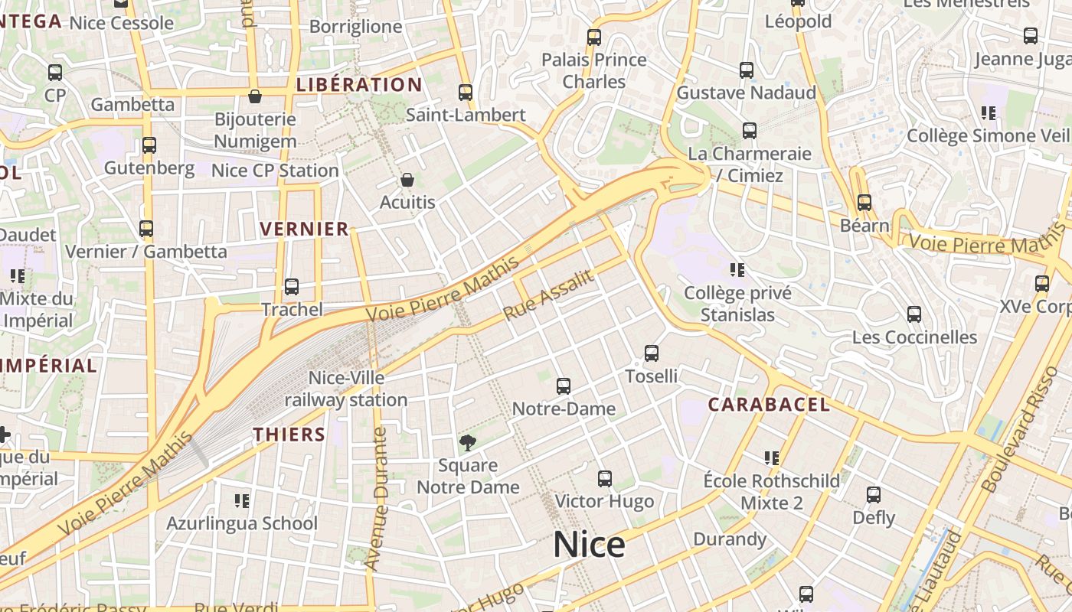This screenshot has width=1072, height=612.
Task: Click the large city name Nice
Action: click(589, 545)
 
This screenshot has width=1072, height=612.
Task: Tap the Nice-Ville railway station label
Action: click(346, 389)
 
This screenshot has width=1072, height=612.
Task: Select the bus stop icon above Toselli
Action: click(652, 353)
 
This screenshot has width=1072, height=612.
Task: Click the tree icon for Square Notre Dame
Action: click(467, 442)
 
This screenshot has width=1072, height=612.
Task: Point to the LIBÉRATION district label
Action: click(359, 85)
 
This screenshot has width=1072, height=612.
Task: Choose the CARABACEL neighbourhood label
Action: click(769, 405)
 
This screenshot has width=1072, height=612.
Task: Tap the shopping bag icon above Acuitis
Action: click(407, 181)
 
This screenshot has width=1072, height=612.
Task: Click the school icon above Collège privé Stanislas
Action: click(737, 269)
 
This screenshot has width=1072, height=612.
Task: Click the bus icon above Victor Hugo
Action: click(605, 479)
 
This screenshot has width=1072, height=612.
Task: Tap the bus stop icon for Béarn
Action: click(864, 203)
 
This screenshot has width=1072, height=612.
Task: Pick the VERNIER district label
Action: click(304, 229)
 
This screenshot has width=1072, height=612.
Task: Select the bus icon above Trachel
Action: click(292, 287)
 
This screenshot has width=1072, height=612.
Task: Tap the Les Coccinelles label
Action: click(914, 337)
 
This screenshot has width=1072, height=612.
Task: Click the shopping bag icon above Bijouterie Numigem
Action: click(255, 96)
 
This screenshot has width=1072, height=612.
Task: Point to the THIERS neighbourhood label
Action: click(289, 435)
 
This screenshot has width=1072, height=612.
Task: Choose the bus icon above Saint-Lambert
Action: click(466, 93)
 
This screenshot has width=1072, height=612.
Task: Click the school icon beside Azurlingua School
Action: click(242, 501)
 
